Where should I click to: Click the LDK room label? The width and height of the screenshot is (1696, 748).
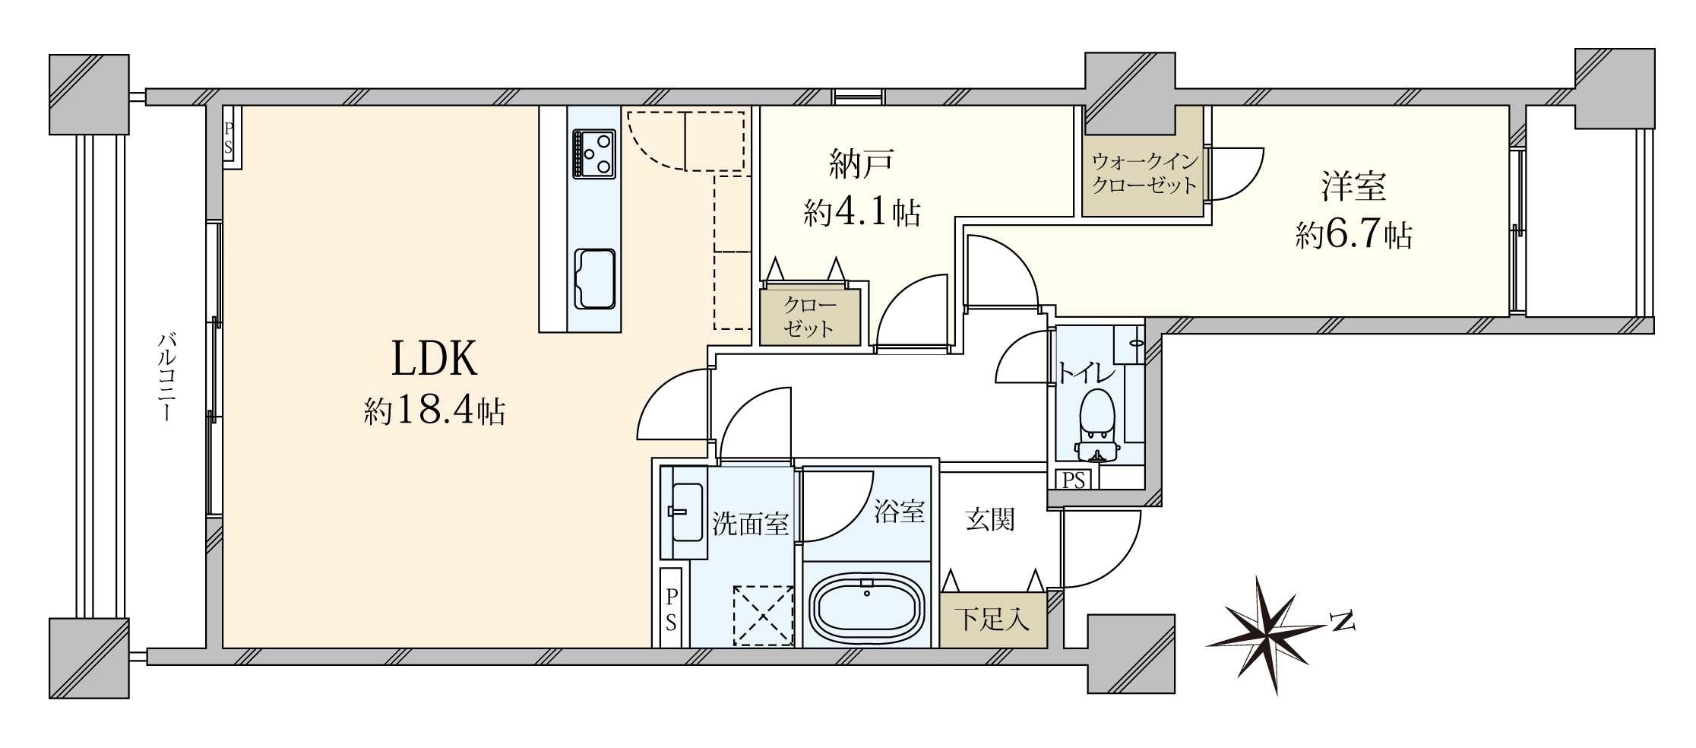[434, 359]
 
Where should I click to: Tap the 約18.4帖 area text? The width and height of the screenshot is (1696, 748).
[434, 411]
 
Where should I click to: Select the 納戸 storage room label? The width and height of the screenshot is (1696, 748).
[861, 164]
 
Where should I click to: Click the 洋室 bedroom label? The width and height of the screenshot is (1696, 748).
[1353, 187]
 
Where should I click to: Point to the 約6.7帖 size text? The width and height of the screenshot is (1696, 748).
[1353, 236]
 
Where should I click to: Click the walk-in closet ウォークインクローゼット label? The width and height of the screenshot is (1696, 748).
[1144, 173]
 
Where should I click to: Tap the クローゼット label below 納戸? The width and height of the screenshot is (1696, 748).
[809, 317]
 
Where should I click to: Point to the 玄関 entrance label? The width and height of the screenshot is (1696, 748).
[990, 520]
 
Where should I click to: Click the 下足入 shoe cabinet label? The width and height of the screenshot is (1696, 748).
[992, 620]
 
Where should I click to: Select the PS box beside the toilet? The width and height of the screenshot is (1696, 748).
[1073, 480]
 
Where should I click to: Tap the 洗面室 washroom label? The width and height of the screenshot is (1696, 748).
[749, 524]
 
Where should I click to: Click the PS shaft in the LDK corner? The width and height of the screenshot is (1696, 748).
[229, 138]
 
